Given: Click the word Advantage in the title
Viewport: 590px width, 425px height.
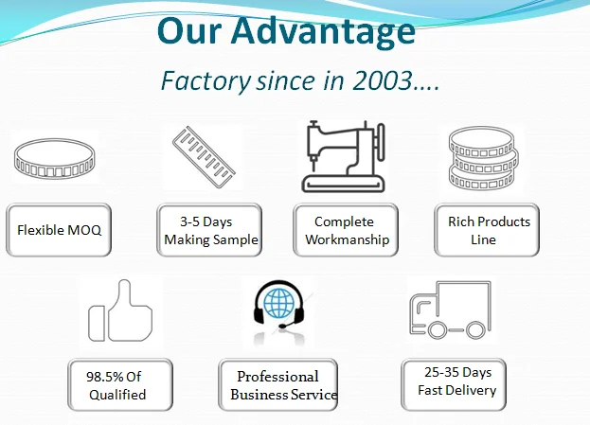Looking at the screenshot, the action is tap(323, 32).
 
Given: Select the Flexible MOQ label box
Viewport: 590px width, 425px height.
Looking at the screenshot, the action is tap(59, 230).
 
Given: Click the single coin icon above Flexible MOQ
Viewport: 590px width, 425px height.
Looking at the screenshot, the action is tap(55, 158).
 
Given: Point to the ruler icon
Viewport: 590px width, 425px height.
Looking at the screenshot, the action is tap(204, 157).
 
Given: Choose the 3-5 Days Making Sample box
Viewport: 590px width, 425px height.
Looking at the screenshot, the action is tap(209, 230).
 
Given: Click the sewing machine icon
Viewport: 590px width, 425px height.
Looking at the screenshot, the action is tap(343, 156).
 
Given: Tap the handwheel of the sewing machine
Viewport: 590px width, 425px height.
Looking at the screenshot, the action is tap(381, 142).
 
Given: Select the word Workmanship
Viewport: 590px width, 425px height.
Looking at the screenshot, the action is tap(347, 239).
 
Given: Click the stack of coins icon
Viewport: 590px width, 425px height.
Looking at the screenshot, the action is tap(483, 158).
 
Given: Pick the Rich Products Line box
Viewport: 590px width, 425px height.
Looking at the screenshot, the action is tap(487, 230).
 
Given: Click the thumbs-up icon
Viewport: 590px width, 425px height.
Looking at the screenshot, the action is tap(120, 310).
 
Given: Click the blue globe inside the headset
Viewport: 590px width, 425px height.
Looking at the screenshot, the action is tap(278, 303).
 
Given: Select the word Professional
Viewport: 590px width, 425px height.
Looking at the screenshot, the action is tap(277, 377).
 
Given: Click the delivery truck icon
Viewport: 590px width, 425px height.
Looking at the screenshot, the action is tap(450, 310).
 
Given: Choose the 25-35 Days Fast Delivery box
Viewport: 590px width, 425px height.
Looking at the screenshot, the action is tap(454, 384).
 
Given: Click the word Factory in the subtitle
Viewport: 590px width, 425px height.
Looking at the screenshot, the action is tap(206, 81).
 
